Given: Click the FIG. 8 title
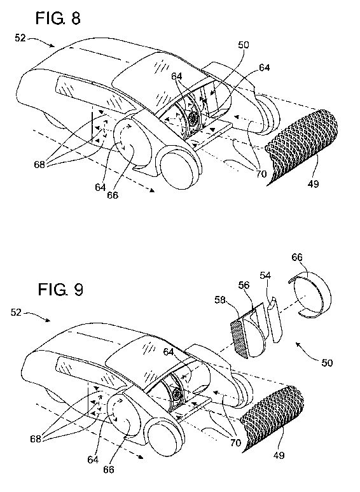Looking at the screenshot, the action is point(58,18).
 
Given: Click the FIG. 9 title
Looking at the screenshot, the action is point(60,289).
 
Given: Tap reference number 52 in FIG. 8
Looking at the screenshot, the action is point(20,38).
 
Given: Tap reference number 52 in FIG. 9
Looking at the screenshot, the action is point(16,313).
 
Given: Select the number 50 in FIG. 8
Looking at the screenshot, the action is point(244,45).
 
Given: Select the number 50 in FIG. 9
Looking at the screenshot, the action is point(327,363).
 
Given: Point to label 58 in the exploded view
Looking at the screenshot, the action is point(220,300).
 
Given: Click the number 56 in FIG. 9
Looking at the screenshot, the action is point(244,285).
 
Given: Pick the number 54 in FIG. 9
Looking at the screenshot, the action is point(265,275).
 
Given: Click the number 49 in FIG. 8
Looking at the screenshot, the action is point(313,183).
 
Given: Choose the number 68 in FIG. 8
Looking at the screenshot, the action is point(40,164).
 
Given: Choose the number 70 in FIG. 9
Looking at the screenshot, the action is point(235,443).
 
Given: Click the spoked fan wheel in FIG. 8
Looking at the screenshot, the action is point(193,119).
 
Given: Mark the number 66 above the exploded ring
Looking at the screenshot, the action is point(297,257).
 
